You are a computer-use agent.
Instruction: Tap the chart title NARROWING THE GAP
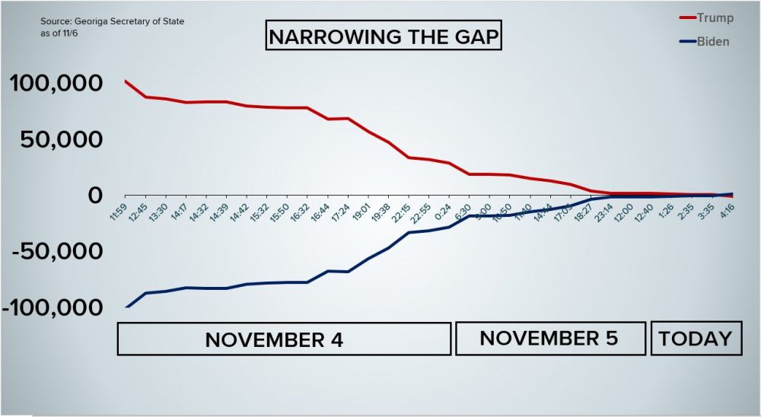[384, 36]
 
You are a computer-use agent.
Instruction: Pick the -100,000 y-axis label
[53, 308]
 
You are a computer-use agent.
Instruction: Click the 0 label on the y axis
[94, 196]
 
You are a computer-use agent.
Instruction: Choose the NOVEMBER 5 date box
[549, 338]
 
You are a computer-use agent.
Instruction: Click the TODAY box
[695, 338]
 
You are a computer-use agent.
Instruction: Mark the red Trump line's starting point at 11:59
[125, 81]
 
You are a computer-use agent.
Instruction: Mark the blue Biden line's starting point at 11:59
[126, 307]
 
